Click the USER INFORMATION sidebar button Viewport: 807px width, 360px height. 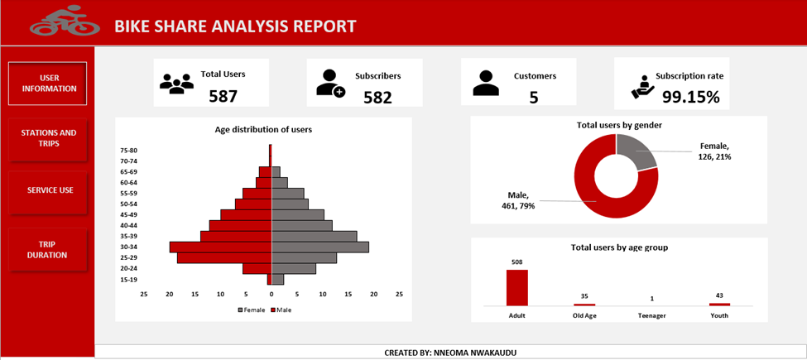[48, 84]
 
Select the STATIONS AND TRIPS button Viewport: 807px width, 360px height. [48, 138]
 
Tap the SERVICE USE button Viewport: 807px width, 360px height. [50, 190]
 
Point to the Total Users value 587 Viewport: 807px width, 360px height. [223, 96]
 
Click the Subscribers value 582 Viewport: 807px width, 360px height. [377, 97]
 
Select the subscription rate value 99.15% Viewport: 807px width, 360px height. [690, 97]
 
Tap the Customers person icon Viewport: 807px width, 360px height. [486, 84]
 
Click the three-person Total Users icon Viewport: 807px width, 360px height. [176, 84]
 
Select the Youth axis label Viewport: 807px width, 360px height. [719, 315]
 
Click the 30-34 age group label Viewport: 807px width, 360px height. [128, 247]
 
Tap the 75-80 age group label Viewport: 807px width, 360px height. [128, 150]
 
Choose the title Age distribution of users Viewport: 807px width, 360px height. [263, 129]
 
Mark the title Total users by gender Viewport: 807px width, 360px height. [619, 125]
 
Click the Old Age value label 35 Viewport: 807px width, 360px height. [584, 296]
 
